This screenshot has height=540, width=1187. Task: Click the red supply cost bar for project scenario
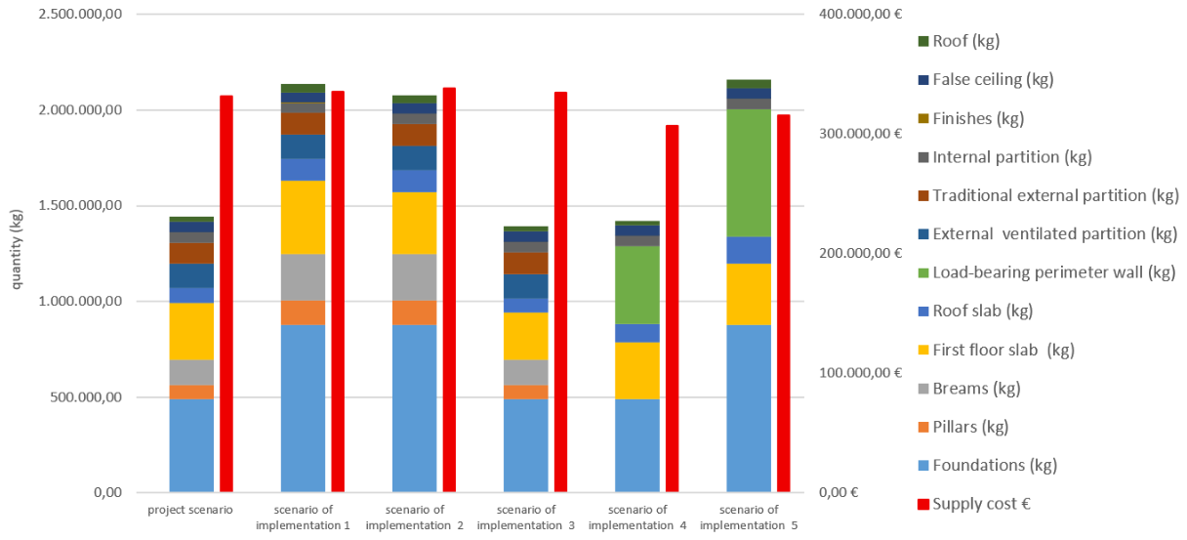226,294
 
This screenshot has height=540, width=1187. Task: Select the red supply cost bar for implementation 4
672,309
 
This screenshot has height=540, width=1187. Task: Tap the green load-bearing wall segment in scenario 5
749,173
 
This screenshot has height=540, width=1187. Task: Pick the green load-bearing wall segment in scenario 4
637,285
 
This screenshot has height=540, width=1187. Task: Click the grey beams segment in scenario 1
304,277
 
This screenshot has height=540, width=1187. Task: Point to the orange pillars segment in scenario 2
415,312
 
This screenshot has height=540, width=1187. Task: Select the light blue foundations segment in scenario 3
526,445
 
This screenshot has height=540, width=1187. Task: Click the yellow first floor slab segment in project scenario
192,331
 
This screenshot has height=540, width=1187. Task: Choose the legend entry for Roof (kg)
959,41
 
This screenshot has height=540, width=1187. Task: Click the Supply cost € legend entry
974,504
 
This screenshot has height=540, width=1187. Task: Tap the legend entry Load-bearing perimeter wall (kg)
1047,272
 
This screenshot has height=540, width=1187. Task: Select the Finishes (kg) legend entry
971,118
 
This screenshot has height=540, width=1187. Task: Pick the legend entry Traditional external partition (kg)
1048,195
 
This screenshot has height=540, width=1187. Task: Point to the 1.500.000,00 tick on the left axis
80,205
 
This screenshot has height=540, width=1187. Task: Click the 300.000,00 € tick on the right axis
860,134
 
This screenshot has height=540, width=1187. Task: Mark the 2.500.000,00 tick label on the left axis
80,14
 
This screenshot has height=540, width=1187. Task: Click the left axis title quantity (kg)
17,250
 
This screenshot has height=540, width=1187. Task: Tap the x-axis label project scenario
190,510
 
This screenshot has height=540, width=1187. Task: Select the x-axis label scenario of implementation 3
526,518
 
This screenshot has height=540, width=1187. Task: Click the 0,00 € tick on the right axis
839,492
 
